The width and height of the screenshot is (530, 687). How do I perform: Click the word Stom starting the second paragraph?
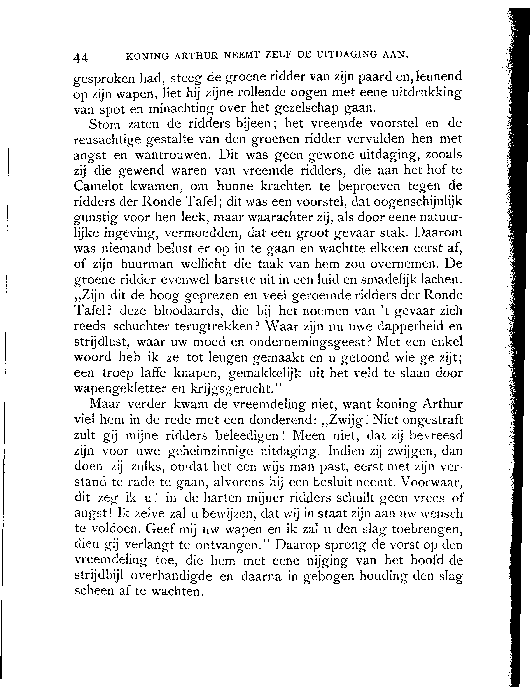(x=104, y=125)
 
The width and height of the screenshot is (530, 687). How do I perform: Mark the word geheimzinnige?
(x=210, y=451)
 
